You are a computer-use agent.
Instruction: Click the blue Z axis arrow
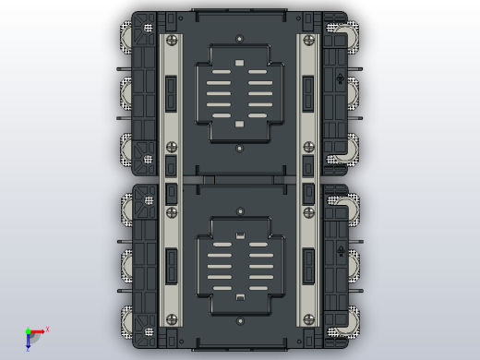click(x=28, y=342)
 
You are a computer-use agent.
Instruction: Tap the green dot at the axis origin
click(x=28, y=331)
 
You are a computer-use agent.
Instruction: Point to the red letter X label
click(x=47, y=329)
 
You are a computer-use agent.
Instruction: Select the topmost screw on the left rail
click(x=171, y=40)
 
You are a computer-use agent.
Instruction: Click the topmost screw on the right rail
click(x=307, y=40)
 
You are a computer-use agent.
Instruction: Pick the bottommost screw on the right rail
click(x=307, y=319)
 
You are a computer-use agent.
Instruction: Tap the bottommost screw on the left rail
click(x=171, y=319)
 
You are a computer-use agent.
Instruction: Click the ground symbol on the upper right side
click(x=342, y=78)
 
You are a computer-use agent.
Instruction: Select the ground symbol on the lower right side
click(x=342, y=251)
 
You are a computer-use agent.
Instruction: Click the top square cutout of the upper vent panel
click(x=239, y=64)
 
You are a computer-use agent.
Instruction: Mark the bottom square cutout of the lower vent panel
click(x=239, y=297)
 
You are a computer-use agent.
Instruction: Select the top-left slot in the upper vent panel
click(x=218, y=83)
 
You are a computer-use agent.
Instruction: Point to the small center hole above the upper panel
click(x=239, y=39)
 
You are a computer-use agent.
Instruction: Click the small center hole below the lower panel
click(x=239, y=321)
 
